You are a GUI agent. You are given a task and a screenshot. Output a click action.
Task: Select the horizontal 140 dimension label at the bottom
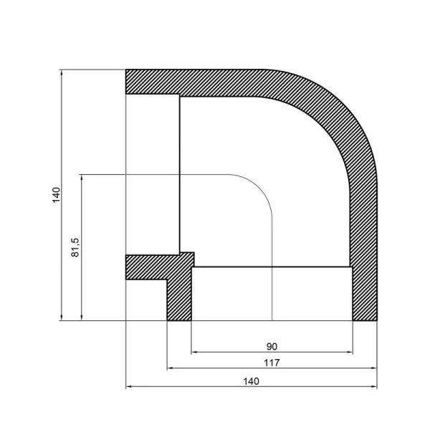250,381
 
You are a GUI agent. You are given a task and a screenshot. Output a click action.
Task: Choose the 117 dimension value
272,363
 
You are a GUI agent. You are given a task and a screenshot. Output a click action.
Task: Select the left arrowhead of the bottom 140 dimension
129,387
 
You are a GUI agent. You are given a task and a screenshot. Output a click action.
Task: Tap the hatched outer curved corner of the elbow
337,107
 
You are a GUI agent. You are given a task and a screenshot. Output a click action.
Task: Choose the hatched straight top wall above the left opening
186,82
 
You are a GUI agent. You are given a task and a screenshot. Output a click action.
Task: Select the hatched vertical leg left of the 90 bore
179,294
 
